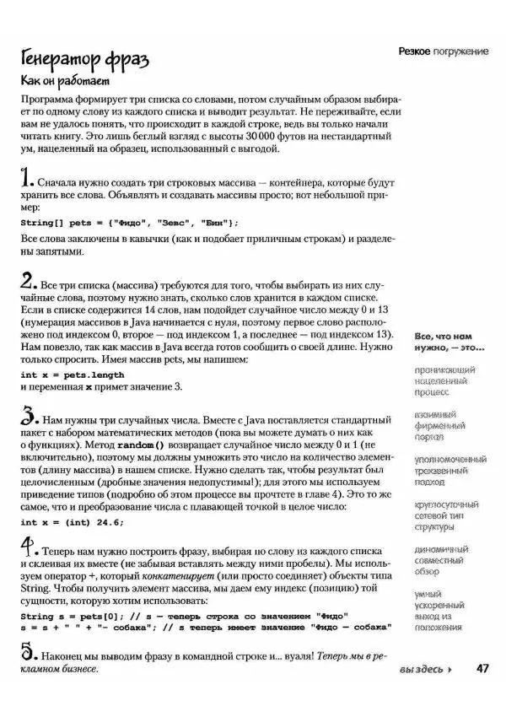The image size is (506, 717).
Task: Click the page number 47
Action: pyautogui.click(x=482, y=669)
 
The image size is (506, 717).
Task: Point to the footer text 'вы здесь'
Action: pyautogui.click(x=425, y=670)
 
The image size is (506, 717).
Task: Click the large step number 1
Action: pyautogui.click(x=26, y=178)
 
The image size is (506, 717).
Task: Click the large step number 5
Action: pyautogui.click(x=27, y=652)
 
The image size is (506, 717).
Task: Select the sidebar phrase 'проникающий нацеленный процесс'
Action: pyautogui.click(x=444, y=380)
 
